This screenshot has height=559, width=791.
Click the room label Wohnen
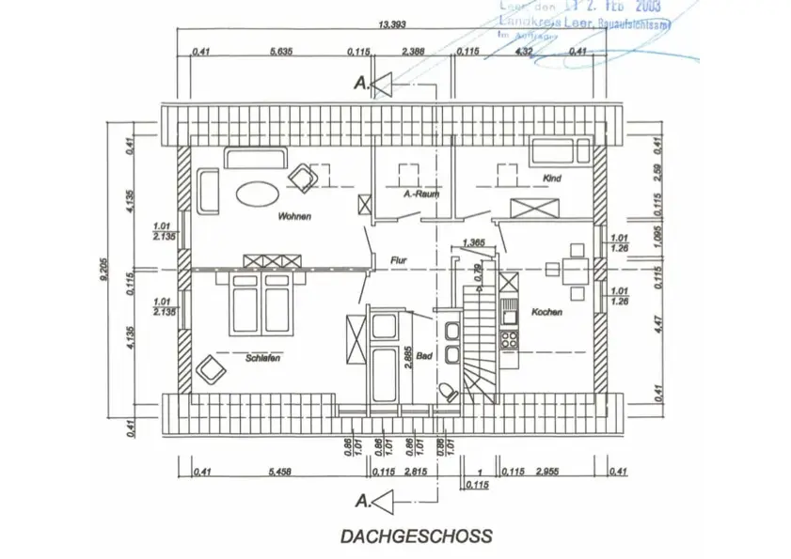click(293, 217)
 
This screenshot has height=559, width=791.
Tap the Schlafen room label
click(263, 358)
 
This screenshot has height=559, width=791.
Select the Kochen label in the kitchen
click(546, 312)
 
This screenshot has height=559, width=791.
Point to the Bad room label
click(423, 356)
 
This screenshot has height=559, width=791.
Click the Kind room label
click(551, 178)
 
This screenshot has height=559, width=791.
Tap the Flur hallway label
click(398, 260)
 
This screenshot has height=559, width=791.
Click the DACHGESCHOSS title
click(417, 536)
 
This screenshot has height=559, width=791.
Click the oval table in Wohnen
click(255, 194)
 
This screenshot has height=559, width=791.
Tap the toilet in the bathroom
click(449, 390)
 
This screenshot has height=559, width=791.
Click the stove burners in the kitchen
click(509, 337)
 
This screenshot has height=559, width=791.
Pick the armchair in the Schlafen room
click(209, 370)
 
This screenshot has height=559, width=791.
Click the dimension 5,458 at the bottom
click(278, 473)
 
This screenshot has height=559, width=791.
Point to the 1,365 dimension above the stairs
click(474, 243)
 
